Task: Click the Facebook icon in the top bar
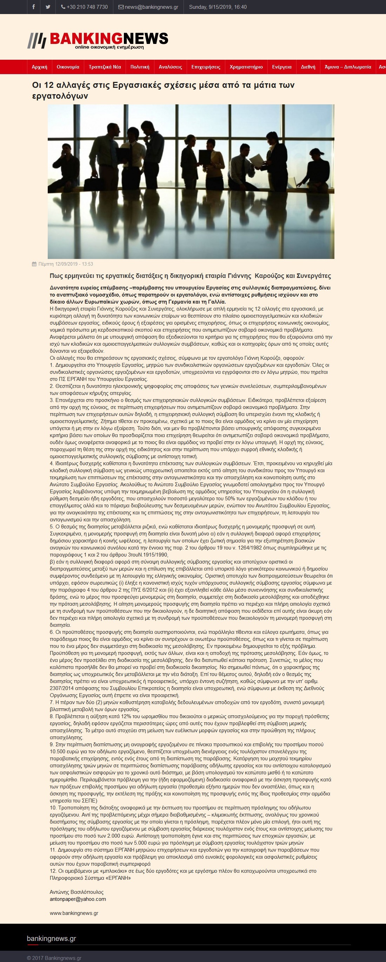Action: point(34,7)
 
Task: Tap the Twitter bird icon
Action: point(48,7)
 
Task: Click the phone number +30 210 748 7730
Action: point(84,7)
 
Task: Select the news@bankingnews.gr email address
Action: point(148,7)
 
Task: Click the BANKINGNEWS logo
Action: point(98,40)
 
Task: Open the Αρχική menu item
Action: point(40,67)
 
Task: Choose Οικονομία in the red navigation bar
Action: point(68,67)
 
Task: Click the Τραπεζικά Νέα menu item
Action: point(105,67)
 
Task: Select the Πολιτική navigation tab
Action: point(140,67)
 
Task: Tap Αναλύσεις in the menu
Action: point(171,67)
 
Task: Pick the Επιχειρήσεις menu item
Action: point(206,67)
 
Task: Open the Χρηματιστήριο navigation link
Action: point(246,67)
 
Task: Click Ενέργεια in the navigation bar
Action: point(281,67)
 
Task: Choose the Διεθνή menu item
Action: point(308,67)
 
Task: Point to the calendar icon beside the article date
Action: point(34,264)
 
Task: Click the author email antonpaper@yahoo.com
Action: point(78,899)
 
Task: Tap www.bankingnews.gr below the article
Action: point(74,913)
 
